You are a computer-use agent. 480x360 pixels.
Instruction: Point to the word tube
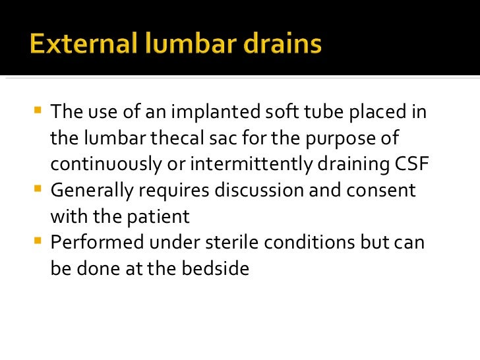point(311,112)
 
